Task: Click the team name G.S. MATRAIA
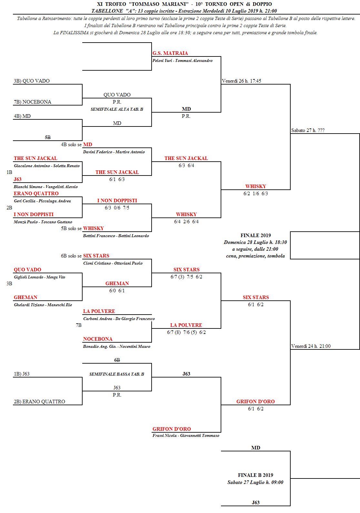point(170,53)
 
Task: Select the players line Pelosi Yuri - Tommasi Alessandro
point(182,61)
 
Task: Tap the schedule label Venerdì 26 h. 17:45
point(241,81)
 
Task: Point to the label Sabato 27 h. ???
point(308,130)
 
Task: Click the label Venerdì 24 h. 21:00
point(311,346)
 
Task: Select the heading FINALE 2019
point(255,236)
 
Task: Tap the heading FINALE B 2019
point(255,475)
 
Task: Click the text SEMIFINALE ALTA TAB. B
point(117,109)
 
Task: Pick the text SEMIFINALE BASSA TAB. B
point(117,374)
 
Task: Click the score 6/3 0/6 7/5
point(117,208)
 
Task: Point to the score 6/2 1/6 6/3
point(255,194)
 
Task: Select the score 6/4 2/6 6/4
point(186,222)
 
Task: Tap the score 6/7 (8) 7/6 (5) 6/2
point(186,332)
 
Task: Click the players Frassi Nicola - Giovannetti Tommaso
point(186,436)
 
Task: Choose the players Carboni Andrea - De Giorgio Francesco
point(119,319)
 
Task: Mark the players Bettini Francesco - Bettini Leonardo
point(116,236)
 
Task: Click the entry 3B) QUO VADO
point(32,81)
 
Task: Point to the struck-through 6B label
point(117,360)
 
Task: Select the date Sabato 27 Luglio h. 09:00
point(255,482)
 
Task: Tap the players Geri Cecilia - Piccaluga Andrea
point(42,201)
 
